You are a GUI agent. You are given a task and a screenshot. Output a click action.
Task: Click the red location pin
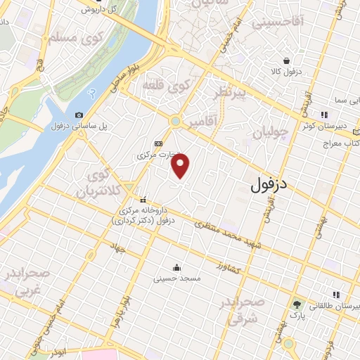[x=181, y=166]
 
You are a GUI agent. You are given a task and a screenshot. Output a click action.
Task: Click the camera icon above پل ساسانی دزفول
[x=79, y=115]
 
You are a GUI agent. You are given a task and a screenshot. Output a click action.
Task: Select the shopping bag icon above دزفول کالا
[x=286, y=60]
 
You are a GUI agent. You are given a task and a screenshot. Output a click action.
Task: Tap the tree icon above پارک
[x=297, y=304]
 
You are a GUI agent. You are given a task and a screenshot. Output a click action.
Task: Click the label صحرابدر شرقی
[x=243, y=310]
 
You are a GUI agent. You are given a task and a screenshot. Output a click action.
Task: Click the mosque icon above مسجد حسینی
[x=176, y=267]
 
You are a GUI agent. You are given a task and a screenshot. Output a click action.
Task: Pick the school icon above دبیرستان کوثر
[x=324, y=115]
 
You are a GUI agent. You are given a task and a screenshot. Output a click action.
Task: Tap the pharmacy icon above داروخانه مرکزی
[x=143, y=199]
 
